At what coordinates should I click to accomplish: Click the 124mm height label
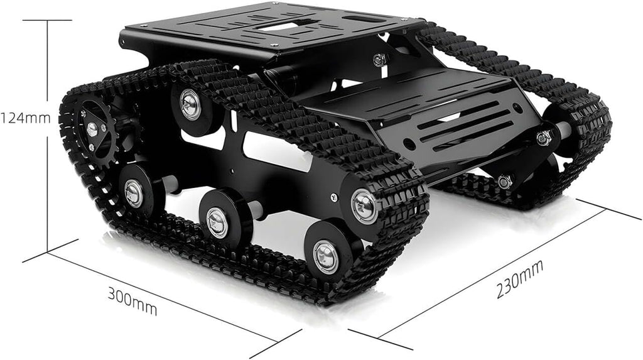25,117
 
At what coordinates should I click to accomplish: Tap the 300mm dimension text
132,301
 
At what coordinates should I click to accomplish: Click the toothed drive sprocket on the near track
94,129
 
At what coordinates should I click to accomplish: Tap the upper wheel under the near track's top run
190,104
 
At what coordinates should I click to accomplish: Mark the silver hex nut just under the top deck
378,60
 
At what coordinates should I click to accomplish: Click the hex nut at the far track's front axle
543,138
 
